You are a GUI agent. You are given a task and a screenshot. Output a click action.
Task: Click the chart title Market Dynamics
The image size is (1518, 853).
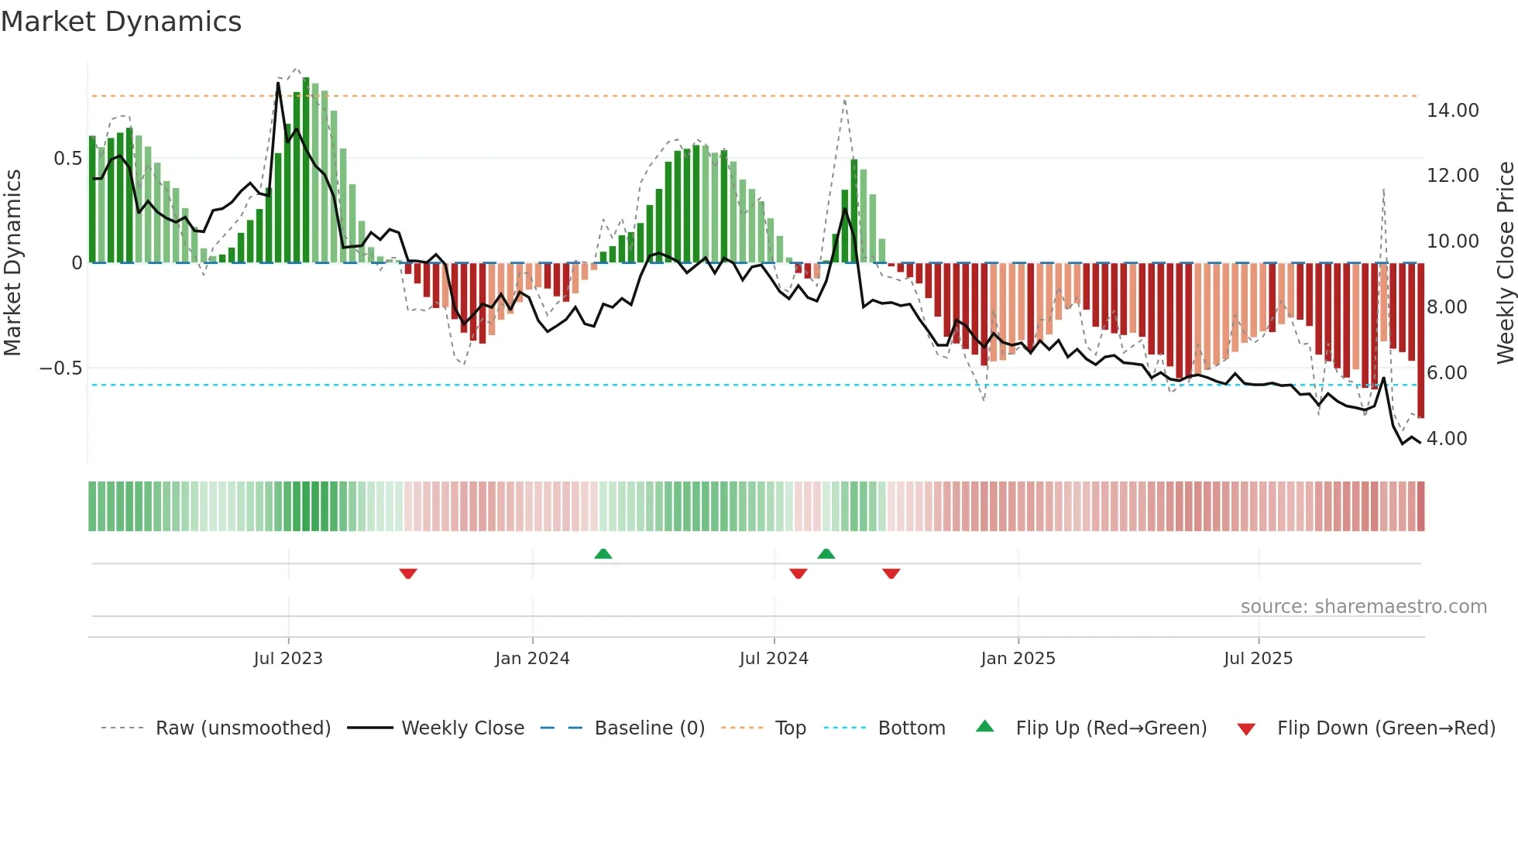coord(121,22)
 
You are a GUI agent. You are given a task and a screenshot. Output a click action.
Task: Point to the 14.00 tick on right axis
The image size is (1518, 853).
coord(1452,111)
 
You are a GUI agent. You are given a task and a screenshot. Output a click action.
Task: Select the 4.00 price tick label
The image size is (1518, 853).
coord(1446,439)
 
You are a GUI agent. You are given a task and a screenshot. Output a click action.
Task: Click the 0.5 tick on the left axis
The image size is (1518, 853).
coord(67,159)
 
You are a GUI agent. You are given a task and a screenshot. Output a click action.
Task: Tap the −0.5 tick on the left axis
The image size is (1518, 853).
coord(61,368)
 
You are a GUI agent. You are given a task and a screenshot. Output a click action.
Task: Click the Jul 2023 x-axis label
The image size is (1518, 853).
coord(288,659)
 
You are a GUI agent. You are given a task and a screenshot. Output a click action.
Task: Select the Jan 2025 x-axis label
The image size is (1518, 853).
coord(1018,659)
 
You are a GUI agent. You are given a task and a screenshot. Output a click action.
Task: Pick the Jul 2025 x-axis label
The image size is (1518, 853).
coord(1258,659)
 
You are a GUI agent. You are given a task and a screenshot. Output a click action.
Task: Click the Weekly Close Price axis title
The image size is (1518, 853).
coord(1505,262)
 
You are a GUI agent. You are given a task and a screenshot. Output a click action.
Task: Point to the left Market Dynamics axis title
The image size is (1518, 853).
coord(12,262)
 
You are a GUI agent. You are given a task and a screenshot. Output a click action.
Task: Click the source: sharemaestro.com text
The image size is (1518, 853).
coord(1363,607)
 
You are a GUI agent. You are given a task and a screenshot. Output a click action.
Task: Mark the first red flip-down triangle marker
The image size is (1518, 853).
coord(408,574)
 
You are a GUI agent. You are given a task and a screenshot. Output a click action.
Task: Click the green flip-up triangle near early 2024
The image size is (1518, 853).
coord(603,553)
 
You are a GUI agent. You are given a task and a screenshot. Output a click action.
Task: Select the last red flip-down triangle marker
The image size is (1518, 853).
coord(891,574)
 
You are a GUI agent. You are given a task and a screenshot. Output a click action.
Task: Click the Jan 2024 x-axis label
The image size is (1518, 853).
coord(532,659)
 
